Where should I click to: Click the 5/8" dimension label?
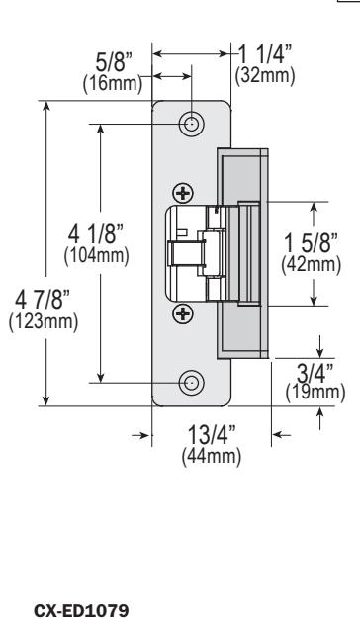pyautogui.click(x=114, y=62)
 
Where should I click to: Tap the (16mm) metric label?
pyautogui.click(x=113, y=83)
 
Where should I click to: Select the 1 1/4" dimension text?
pyautogui.click(x=265, y=54)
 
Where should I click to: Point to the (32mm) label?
pyautogui.click(x=265, y=75)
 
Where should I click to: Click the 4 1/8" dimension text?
pyautogui.click(x=96, y=235)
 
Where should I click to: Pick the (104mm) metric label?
pyautogui.click(x=96, y=256)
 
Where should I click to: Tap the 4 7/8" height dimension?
pyautogui.click(x=43, y=300)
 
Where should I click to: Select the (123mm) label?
pyautogui.click(x=44, y=321)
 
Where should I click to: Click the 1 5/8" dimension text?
pyautogui.click(x=312, y=243)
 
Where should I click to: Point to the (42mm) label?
pyautogui.click(x=312, y=264)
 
